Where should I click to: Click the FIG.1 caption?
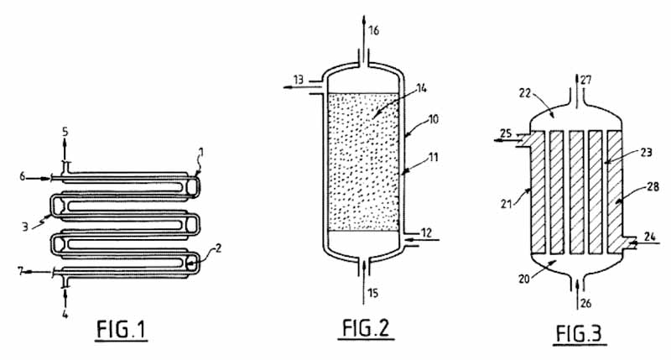coord(121,330)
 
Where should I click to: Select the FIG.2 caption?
coord(366,328)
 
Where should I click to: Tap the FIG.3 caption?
coord(580,333)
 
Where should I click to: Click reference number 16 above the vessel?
coord(373,30)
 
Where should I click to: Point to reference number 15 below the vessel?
coord(373,293)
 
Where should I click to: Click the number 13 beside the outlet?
coord(299,80)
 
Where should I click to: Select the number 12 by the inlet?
coord(426,232)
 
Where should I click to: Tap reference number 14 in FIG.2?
coord(422,89)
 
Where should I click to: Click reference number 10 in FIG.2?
coord(434,118)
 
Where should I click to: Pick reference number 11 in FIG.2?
coord(434,157)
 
